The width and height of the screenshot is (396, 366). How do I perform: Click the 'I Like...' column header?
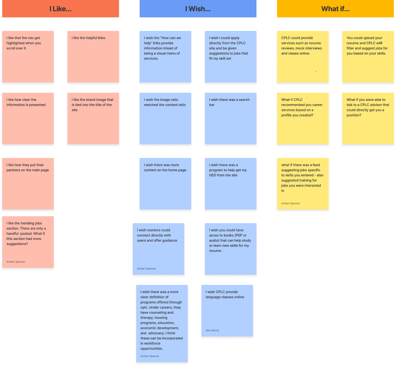[x=61, y=9]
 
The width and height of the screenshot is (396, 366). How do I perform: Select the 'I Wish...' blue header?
[x=198, y=9]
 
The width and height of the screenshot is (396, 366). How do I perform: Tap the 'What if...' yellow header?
[x=335, y=9]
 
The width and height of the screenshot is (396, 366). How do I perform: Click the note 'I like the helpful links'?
[x=93, y=57]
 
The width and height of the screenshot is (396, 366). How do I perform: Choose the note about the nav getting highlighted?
[x=28, y=57]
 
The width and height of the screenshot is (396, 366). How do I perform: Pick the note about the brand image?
[x=93, y=118]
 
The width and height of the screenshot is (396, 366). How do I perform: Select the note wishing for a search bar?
[x=231, y=118]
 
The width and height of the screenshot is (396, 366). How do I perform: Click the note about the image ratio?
[x=165, y=118]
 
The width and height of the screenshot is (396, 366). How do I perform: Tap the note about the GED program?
[x=231, y=183]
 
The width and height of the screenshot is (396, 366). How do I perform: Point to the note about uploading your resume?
[x=368, y=57]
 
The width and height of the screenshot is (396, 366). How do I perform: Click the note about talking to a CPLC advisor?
[x=368, y=118]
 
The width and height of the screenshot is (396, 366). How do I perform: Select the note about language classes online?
[x=227, y=310]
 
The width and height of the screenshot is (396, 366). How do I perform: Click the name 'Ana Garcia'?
[x=212, y=330]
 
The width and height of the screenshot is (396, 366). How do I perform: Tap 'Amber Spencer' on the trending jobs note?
[x=16, y=262]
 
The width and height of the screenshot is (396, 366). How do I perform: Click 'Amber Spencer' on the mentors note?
[x=147, y=268]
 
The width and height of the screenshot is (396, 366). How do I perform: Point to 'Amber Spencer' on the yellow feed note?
[x=291, y=203]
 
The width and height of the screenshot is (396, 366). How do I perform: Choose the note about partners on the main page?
[x=28, y=183]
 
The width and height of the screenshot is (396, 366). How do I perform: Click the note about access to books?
[x=231, y=249]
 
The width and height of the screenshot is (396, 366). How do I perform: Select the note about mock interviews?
[x=303, y=57]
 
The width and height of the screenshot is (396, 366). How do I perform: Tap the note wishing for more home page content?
[x=165, y=183]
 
